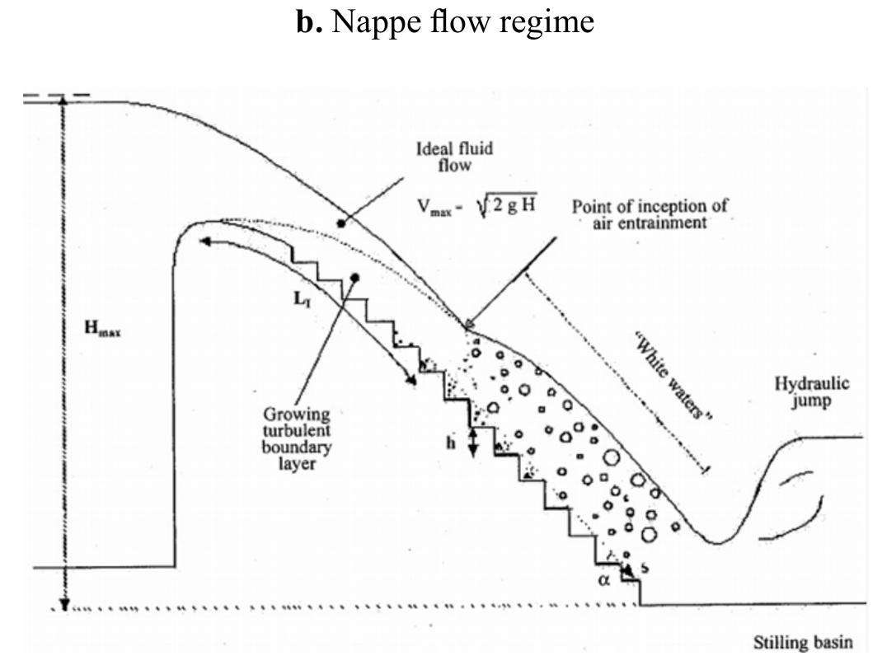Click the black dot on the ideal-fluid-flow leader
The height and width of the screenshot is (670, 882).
(x=340, y=223)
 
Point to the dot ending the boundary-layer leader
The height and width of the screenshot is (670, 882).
(x=354, y=278)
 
